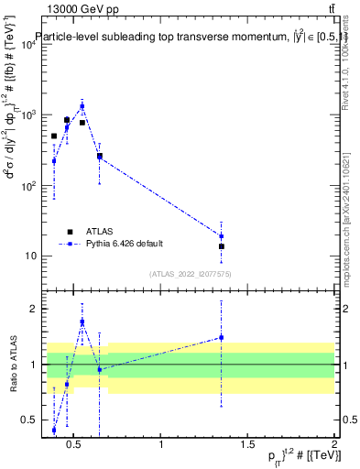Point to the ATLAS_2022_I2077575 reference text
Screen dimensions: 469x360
pyautogui.click(x=189, y=273)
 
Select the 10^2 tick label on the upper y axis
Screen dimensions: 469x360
pyautogui.click(x=27, y=186)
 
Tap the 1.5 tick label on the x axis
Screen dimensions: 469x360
pyautogui.click(x=247, y=445)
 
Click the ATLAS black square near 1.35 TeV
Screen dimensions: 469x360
pyautogui.click(x=221, y=246)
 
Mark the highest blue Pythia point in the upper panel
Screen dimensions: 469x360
pyautogui.click(x=82, y=106)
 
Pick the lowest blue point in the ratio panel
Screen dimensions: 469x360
pyautogui.click(x=54, y=430)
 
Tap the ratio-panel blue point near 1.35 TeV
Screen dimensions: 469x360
pyautogui.click(x=221, y=337)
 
